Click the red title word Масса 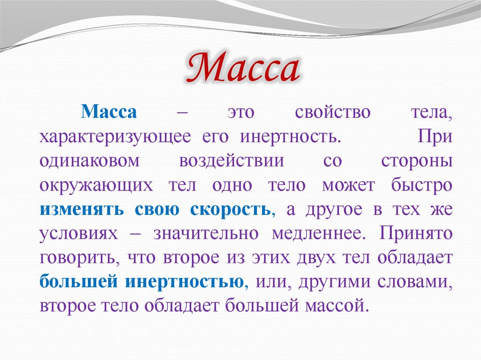242,69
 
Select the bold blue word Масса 109,113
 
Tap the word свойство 333,113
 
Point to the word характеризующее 115,137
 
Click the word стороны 416,161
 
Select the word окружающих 96,185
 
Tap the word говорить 75,258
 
